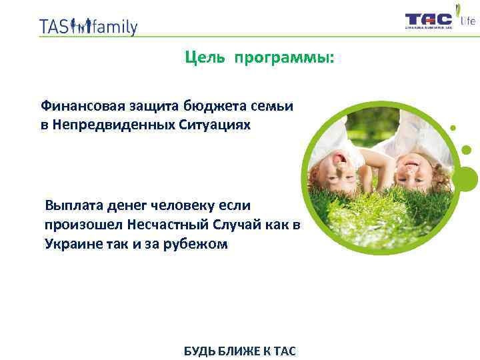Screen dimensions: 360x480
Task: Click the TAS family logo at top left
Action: (88, 26)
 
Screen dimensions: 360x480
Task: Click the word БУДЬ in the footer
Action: (198, 351)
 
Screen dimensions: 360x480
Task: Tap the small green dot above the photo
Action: (453, 127)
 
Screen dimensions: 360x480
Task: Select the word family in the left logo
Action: (115, 27)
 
